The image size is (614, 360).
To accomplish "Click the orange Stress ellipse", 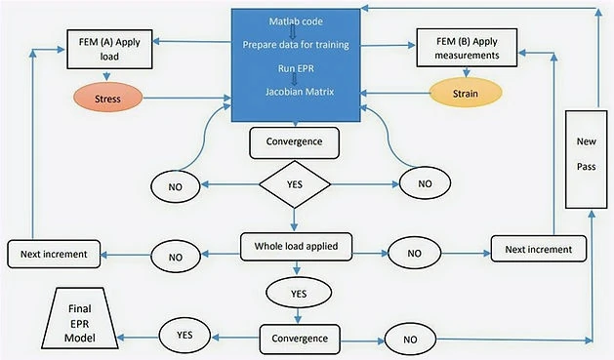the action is pyautogui.click(x=107, y=98).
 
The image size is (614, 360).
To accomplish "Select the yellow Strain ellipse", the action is pyautogui.click(x=466, y=93).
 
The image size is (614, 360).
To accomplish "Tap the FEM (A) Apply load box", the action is pyautogui.click(x=109, y=50).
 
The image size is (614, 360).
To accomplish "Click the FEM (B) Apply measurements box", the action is pyautogui.click(x=467, y=48).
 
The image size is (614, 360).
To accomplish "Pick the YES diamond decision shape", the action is pyautogui.click(x=295, y=184).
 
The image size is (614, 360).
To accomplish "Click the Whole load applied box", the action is pyautogui.click(x=296, y=247).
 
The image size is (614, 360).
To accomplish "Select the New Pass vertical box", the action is pyautogui.click(x=587, y=159).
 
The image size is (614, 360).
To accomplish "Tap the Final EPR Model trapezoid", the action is pyautogui.click(x=80, y=318).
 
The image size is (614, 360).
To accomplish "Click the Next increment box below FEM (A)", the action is pyautogui.click(x=54, y=254).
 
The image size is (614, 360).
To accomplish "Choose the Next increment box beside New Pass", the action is pyautogui.click(x=539, y=249).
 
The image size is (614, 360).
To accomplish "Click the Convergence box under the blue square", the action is pyautogui.click(x=295, y=142).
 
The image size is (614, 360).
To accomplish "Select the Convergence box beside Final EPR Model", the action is pyautogui.click(x=300, y=339).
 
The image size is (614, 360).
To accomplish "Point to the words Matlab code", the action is pyautogui.click(x=296, y=21).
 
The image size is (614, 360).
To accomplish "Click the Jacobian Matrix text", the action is pyautogui.click(x=300, y=92).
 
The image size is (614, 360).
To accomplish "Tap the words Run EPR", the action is pyautogui.click(x=296, y=68).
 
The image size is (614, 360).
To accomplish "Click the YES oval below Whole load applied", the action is pyautogui.click(x=299, y=293).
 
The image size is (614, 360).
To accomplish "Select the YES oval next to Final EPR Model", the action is pyautogui.click(x=184, y=336).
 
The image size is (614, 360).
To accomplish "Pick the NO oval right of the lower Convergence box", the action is pyautogui.click(x=410, y=340).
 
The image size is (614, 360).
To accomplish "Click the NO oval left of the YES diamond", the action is pyautogui.click(x=176, y=186).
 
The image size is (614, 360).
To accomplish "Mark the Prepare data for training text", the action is pyautogui.click(x=296, y=45).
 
